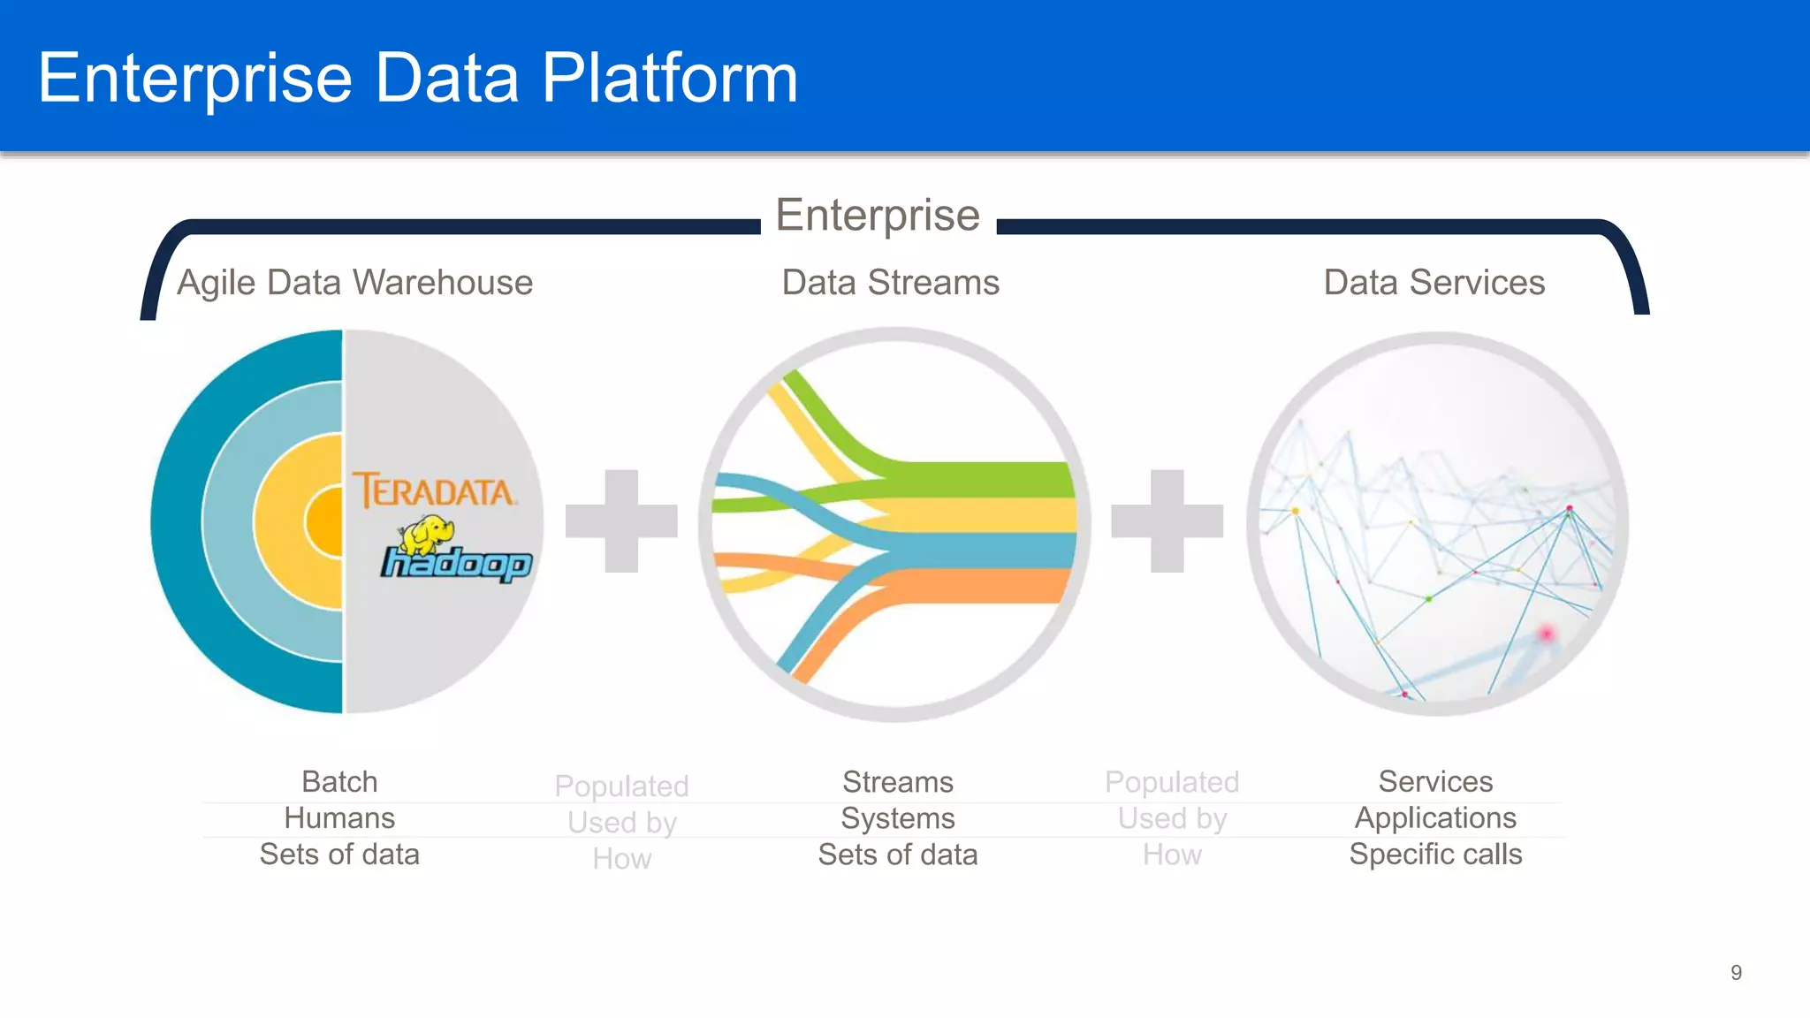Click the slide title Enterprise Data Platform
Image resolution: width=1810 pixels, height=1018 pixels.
click(418, 78)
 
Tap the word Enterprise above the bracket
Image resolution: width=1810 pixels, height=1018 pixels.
click(878, 215)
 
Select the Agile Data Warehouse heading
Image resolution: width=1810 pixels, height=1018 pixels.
click(354, 283)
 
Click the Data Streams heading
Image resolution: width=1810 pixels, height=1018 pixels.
click(890, 283)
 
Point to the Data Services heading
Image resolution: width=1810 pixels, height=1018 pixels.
click(1434, 283)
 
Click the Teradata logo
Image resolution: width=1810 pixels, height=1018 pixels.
click(434, 490)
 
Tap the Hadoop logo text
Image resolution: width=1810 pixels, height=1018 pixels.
click(456, 564)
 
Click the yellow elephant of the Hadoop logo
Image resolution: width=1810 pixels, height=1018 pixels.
click(426, 533)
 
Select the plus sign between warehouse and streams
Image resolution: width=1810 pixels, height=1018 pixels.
click(621, 520)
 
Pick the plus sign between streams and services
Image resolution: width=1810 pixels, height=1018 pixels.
click(1167, 520)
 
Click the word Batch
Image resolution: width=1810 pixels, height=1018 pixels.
click(339, 782)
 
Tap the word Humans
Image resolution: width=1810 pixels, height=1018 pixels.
click(339, 818)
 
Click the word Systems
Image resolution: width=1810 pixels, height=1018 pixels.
click(897, 818)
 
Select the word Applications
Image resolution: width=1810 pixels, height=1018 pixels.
click(1435, 818)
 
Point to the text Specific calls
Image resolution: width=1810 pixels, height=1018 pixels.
click(1435, 855)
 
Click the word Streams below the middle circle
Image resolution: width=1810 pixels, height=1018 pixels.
click(897, 782)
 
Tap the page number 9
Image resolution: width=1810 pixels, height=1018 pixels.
click(1736, 973)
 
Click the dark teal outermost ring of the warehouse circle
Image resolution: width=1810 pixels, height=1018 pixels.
click(177, 521)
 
